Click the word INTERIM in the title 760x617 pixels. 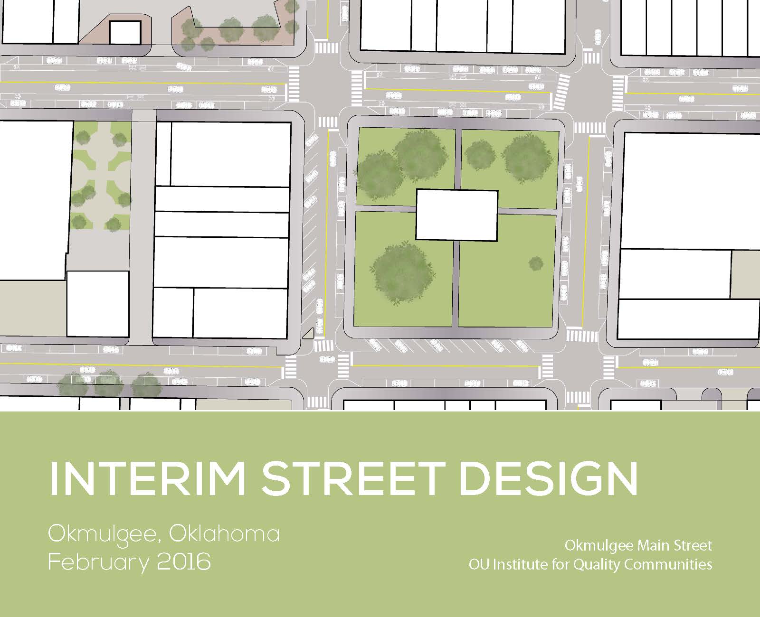147,479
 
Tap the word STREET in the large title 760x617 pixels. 353,479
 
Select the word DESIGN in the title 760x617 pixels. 549,479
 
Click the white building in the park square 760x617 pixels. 457,215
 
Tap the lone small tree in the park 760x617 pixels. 536,264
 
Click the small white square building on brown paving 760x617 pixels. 125,33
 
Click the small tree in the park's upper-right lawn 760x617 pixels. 480,156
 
